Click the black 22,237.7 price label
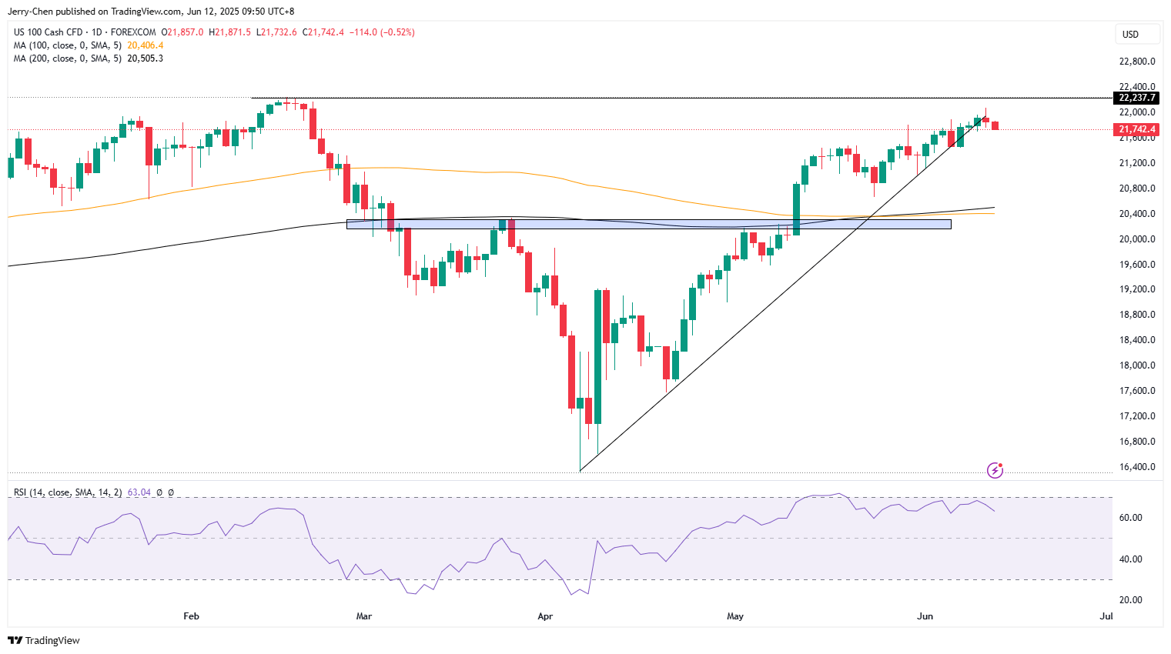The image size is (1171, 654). pos(1136,98)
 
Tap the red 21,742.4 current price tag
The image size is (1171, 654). pos(1136,129)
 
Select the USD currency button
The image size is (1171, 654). pos(1130,34)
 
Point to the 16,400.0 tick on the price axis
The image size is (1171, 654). pos(1136,467)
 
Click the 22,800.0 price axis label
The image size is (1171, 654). pos(1136,62)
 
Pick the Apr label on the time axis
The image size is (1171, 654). pos(545,616)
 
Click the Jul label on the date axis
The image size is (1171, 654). pos(1106,616)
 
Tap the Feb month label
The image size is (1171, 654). pos(191,616)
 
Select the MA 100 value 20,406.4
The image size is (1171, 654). pos(146,45)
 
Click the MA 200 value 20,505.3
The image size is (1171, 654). pos(146,58)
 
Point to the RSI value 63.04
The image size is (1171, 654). pos(139,492)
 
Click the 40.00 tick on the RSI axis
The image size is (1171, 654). pos(1130,559)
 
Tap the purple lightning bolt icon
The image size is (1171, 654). pos(995,470)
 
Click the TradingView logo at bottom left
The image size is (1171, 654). pos(44,640)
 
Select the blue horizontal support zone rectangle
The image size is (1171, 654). pos(648,225)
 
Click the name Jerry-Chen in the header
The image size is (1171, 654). pos(30,12)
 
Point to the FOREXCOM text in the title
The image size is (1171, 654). pos(133,32)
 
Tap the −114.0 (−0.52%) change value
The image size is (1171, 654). pos(382,32)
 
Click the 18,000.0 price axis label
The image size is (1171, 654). pos(1136,365)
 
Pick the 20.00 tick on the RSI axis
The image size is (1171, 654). pos(1130,600)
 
